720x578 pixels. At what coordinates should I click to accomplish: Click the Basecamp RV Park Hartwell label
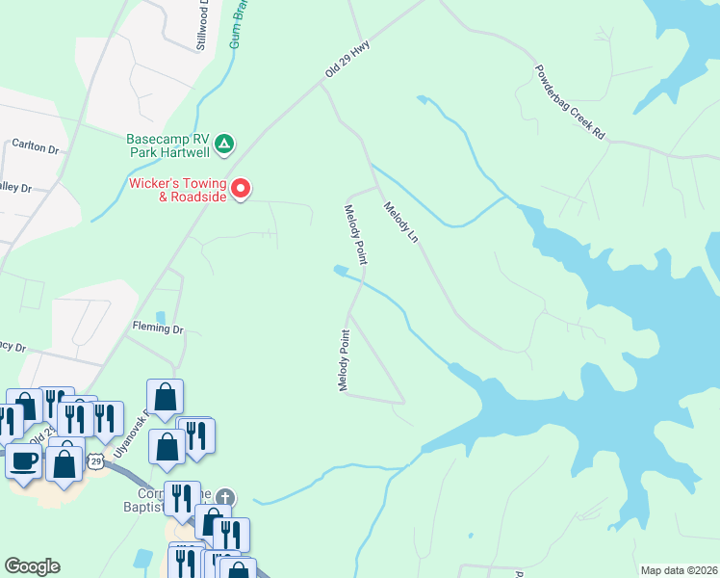tap(168, 144)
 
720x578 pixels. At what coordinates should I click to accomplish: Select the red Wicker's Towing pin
tap(241, 187)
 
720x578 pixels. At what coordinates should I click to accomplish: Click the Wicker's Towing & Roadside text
tap(178, 190)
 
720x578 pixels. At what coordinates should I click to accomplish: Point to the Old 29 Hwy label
tap(347, 59)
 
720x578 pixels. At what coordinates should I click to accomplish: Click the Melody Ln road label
tap(401, 222)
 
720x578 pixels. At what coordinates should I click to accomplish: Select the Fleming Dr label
tap(158, 328)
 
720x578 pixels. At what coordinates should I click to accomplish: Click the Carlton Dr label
tap(36, 147)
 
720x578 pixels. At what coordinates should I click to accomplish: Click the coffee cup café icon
tap(23, 460)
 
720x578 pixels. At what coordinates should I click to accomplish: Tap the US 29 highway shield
tap(95, 461)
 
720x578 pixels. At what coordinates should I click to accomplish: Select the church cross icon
tap(224, 498)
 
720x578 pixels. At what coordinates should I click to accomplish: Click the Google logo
tap(32, 566)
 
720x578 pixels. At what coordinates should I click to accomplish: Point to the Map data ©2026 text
tap(678, 569)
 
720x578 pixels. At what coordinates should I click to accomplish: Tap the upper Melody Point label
tap(356, 234)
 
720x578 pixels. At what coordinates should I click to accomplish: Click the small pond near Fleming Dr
tap(160, 317)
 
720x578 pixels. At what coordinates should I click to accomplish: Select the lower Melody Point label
tap(343, 360)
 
